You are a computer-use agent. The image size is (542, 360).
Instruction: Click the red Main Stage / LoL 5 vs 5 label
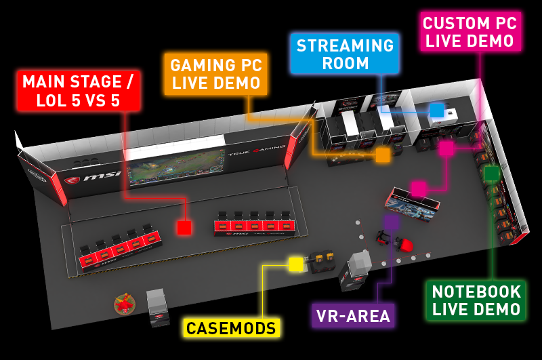coord(79,91)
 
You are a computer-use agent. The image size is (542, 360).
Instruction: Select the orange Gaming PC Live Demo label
coord(216,75)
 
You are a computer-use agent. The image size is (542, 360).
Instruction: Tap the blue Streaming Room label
coord(345,55)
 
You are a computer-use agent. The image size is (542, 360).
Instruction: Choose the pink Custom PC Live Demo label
coord(468,31)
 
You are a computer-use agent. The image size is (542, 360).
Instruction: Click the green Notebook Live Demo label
coord(477,300)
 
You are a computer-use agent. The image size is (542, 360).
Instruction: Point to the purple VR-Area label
coord(353,315)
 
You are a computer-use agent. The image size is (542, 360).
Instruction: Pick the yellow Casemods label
coord(232,329)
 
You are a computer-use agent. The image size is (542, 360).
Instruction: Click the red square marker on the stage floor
coord(184,228)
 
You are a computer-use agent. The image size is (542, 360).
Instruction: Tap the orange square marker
coord(383,155)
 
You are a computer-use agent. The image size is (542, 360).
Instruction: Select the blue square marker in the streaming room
coord(437,110)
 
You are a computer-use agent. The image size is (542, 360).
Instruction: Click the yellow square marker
coord(296,264)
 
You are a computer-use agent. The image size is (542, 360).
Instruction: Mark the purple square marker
coord(392,221)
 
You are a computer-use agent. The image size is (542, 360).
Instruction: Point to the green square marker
coord(492,174)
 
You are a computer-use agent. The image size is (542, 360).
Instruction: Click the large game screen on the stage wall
coord(175,165)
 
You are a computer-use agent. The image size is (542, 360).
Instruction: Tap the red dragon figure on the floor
coord(124,305)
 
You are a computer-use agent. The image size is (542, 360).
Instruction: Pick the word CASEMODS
coord(232,329)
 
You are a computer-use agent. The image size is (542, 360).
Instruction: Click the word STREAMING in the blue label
coord(345,46)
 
